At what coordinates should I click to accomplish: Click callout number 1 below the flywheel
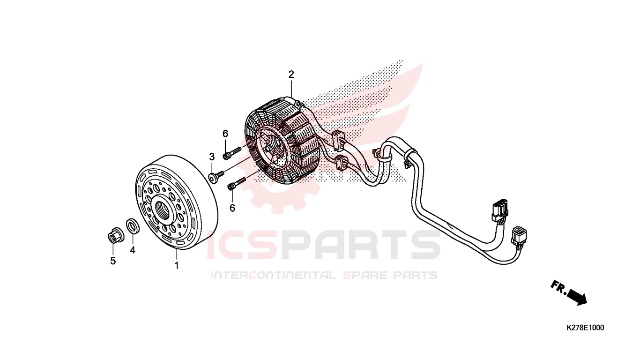[177, 266]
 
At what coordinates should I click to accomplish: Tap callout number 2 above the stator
[291, 75]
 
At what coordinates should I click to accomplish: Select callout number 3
[211, 156]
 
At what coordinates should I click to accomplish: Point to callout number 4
[133, 250]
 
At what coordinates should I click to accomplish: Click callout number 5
[113, 261]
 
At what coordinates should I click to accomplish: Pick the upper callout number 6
[225, 134]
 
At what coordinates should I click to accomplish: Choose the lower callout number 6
[232, 207]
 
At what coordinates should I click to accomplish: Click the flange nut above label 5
[114, 236]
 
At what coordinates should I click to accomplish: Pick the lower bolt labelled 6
[236, 184]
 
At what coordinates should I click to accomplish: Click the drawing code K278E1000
[585, 328]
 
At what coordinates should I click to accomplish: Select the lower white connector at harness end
[519, 236]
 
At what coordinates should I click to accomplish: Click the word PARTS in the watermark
[356, 245]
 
